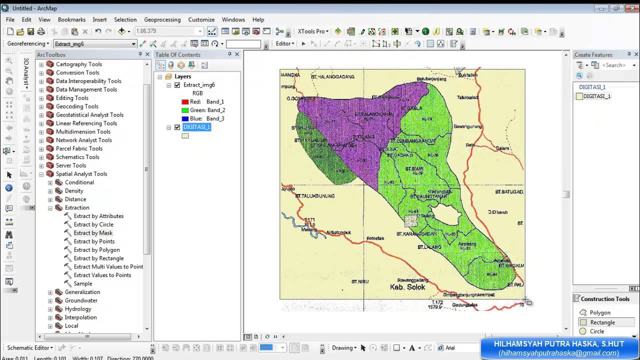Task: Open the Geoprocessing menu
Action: click(x=162, y=19)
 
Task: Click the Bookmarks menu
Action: click(x=71, y=19)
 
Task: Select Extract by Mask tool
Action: click(x=93, y=233)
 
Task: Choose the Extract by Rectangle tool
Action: click(x=98, y=258)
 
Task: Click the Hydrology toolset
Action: click(x=78, y=309)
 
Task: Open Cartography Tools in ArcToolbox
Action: click(x=78, y=64)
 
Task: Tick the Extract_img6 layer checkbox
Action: click(x=177, y=85)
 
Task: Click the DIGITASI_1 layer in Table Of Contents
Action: click(x=196, y=127)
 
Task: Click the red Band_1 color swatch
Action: click(x=185, y=102)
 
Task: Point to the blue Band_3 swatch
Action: click(x=185, y=119)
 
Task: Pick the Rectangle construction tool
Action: click(x=602, y=322)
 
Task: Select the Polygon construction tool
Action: click(x=599, y=312)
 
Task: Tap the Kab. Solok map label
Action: click(x=407, y=287)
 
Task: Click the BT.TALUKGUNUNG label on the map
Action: click(x=314, y=196)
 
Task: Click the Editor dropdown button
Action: click(x=285, y=43)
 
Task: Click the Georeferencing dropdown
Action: click(x=28, y=43)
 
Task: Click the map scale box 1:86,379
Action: click(x=168, y=31)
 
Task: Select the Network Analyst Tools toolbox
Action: click(x=83, y=140)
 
